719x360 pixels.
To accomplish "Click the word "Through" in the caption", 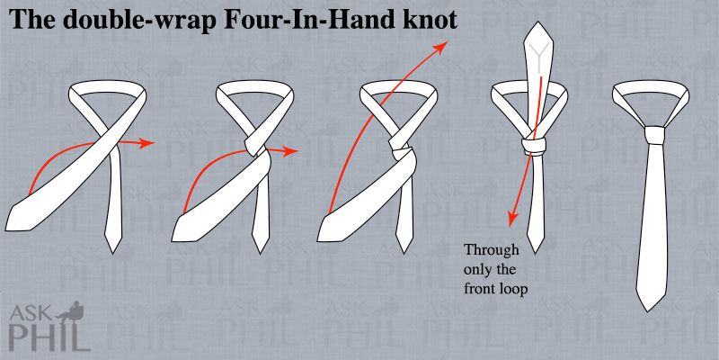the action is coord(491,251).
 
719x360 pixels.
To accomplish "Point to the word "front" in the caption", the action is coord(478,289).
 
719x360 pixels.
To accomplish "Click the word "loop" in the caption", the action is coord(511,290).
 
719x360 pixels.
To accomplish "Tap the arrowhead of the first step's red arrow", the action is coord(146,143).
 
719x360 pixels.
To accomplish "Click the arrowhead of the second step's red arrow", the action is coord(290,150).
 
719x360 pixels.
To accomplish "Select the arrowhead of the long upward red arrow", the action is coord(441,47).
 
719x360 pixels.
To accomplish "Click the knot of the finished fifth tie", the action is coord(654,134).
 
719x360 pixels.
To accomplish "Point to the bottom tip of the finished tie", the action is coord(650,311).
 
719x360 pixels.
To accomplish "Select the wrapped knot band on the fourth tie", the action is coord(534,146).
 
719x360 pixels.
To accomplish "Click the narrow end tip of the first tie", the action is coord(114,253).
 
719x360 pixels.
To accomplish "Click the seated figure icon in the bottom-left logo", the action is coord(76,312).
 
